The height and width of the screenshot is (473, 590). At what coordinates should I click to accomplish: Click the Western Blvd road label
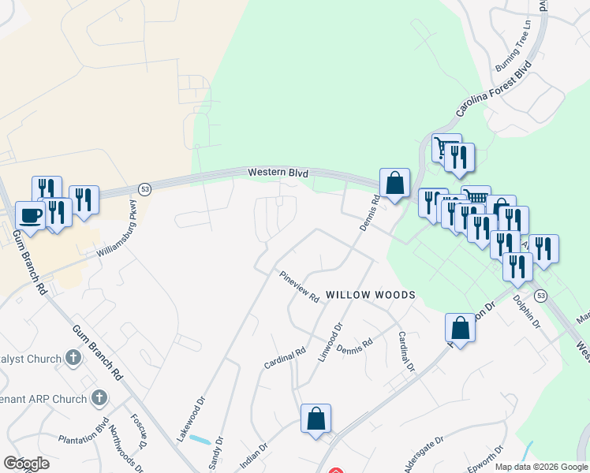(277, 173)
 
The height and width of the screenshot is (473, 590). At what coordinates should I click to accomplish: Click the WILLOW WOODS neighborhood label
(371, 295)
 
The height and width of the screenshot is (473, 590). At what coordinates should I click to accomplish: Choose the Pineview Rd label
(299, 287)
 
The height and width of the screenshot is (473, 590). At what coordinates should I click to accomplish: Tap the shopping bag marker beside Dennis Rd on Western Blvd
(394, 183)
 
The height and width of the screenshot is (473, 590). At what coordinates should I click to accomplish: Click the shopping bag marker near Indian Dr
(316, 419)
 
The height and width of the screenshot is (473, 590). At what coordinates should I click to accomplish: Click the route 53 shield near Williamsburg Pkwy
(144, 189)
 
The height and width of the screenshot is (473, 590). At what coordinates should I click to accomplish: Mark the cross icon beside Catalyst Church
(73, 359)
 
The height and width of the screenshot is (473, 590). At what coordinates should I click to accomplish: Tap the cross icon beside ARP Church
(99, 398)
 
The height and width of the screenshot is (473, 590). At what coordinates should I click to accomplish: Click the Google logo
(26, 464)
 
